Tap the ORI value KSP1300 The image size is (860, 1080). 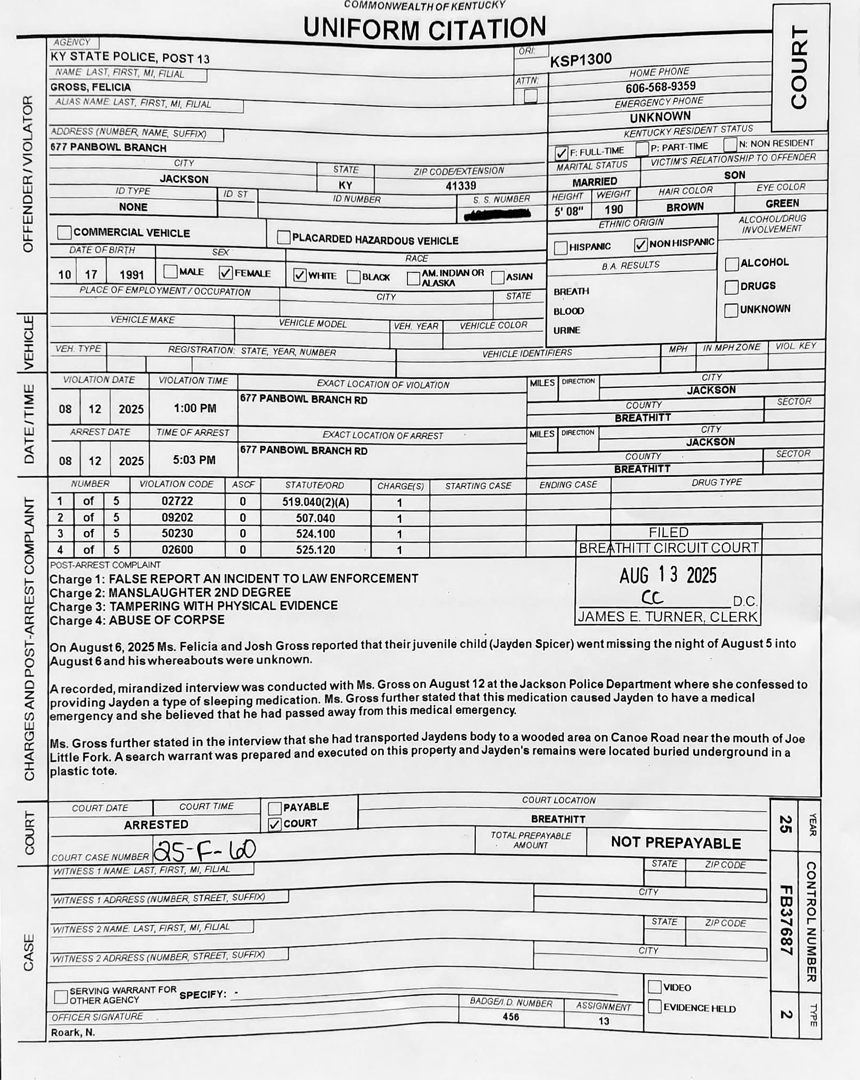pos(581,60)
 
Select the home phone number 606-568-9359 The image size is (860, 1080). pos(660,86)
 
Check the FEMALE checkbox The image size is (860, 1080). pos(226,273)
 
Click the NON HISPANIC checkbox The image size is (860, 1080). pos(640,244)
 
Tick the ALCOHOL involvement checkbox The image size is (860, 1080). pos(731,264)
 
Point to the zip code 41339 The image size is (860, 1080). pos(460,186)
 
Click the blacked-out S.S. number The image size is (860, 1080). pos(497,214)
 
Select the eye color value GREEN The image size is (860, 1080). pos(782,203)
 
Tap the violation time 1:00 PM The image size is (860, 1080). pos(194,409)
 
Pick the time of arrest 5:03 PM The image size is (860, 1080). pos(194,460)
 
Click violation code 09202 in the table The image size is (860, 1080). pos(177,518)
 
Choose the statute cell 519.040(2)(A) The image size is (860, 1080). pos(315,502)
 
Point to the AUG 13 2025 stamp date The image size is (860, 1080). pos(668,575)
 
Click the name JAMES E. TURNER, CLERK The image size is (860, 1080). pos(668,616)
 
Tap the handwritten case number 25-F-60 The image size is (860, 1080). pos(204,850)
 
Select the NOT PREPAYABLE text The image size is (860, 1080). pos(676,843)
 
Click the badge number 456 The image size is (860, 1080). pos(511,1017)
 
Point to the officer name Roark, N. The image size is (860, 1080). pos(73,1032)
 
